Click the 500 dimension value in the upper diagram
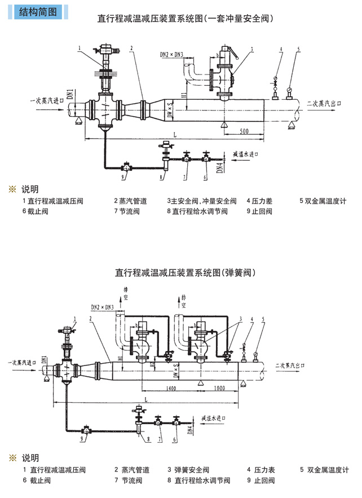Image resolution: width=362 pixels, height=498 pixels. coord(244,131)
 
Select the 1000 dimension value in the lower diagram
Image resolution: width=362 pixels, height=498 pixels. coord(219,388)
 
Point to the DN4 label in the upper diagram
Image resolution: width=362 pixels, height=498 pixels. coord(219,167)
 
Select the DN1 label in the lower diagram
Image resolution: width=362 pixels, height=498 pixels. coord(45,362)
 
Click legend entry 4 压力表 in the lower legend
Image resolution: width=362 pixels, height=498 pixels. coord(261,470)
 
